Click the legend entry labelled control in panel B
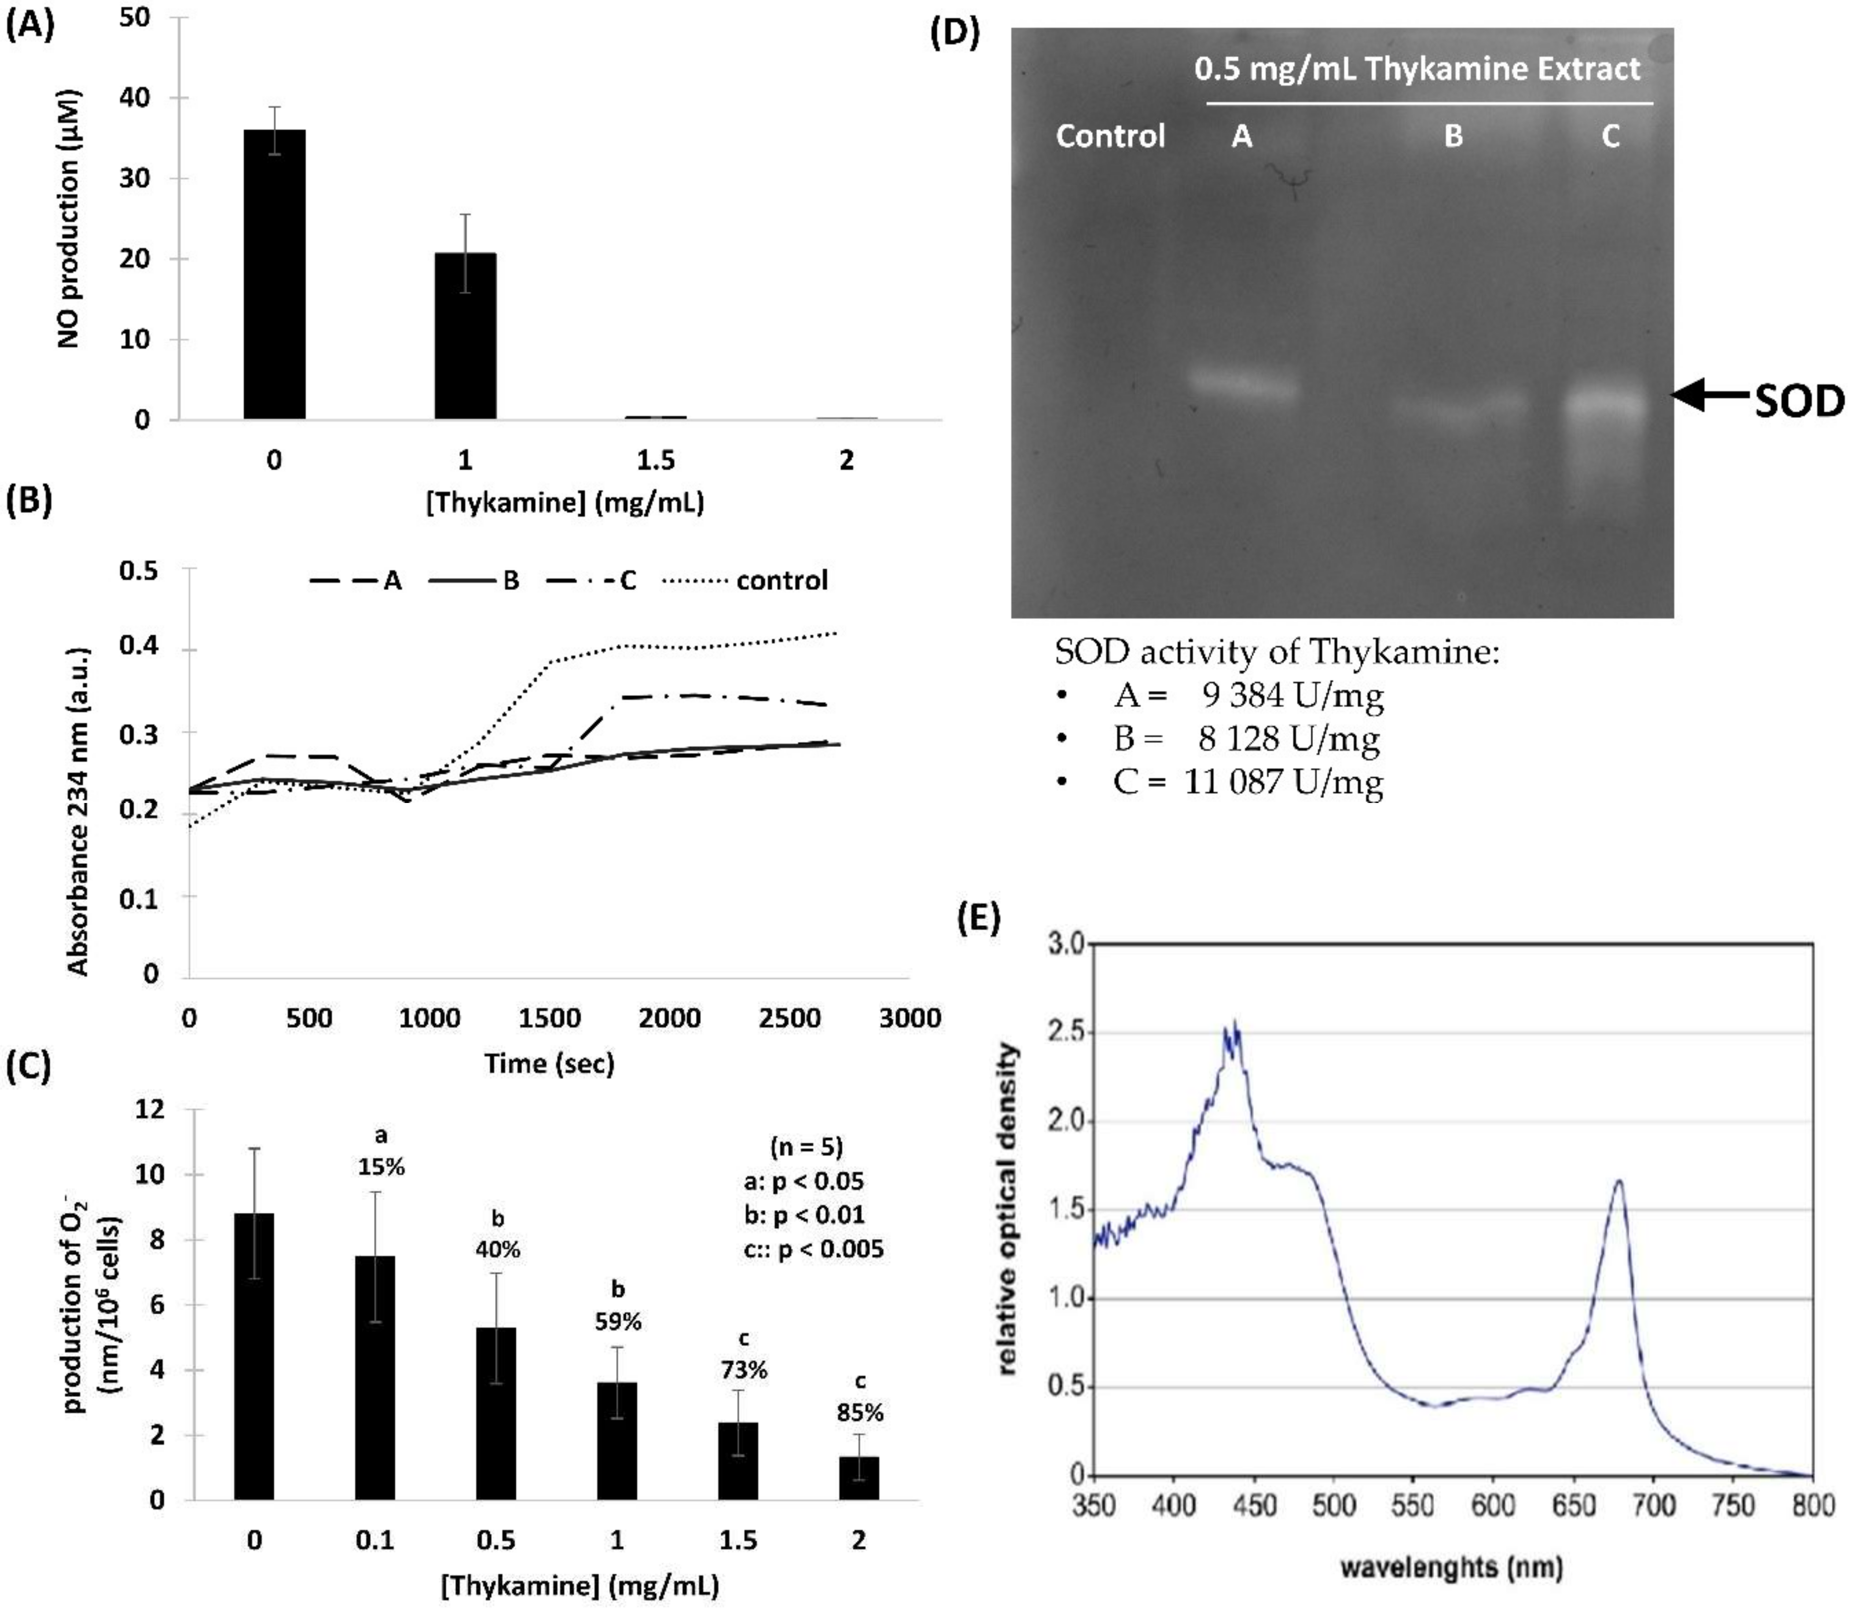click(781, 580)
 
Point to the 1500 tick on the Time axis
click(549, 1019)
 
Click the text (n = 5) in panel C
click(807, 1147)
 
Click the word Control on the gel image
click(1110, 136)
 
